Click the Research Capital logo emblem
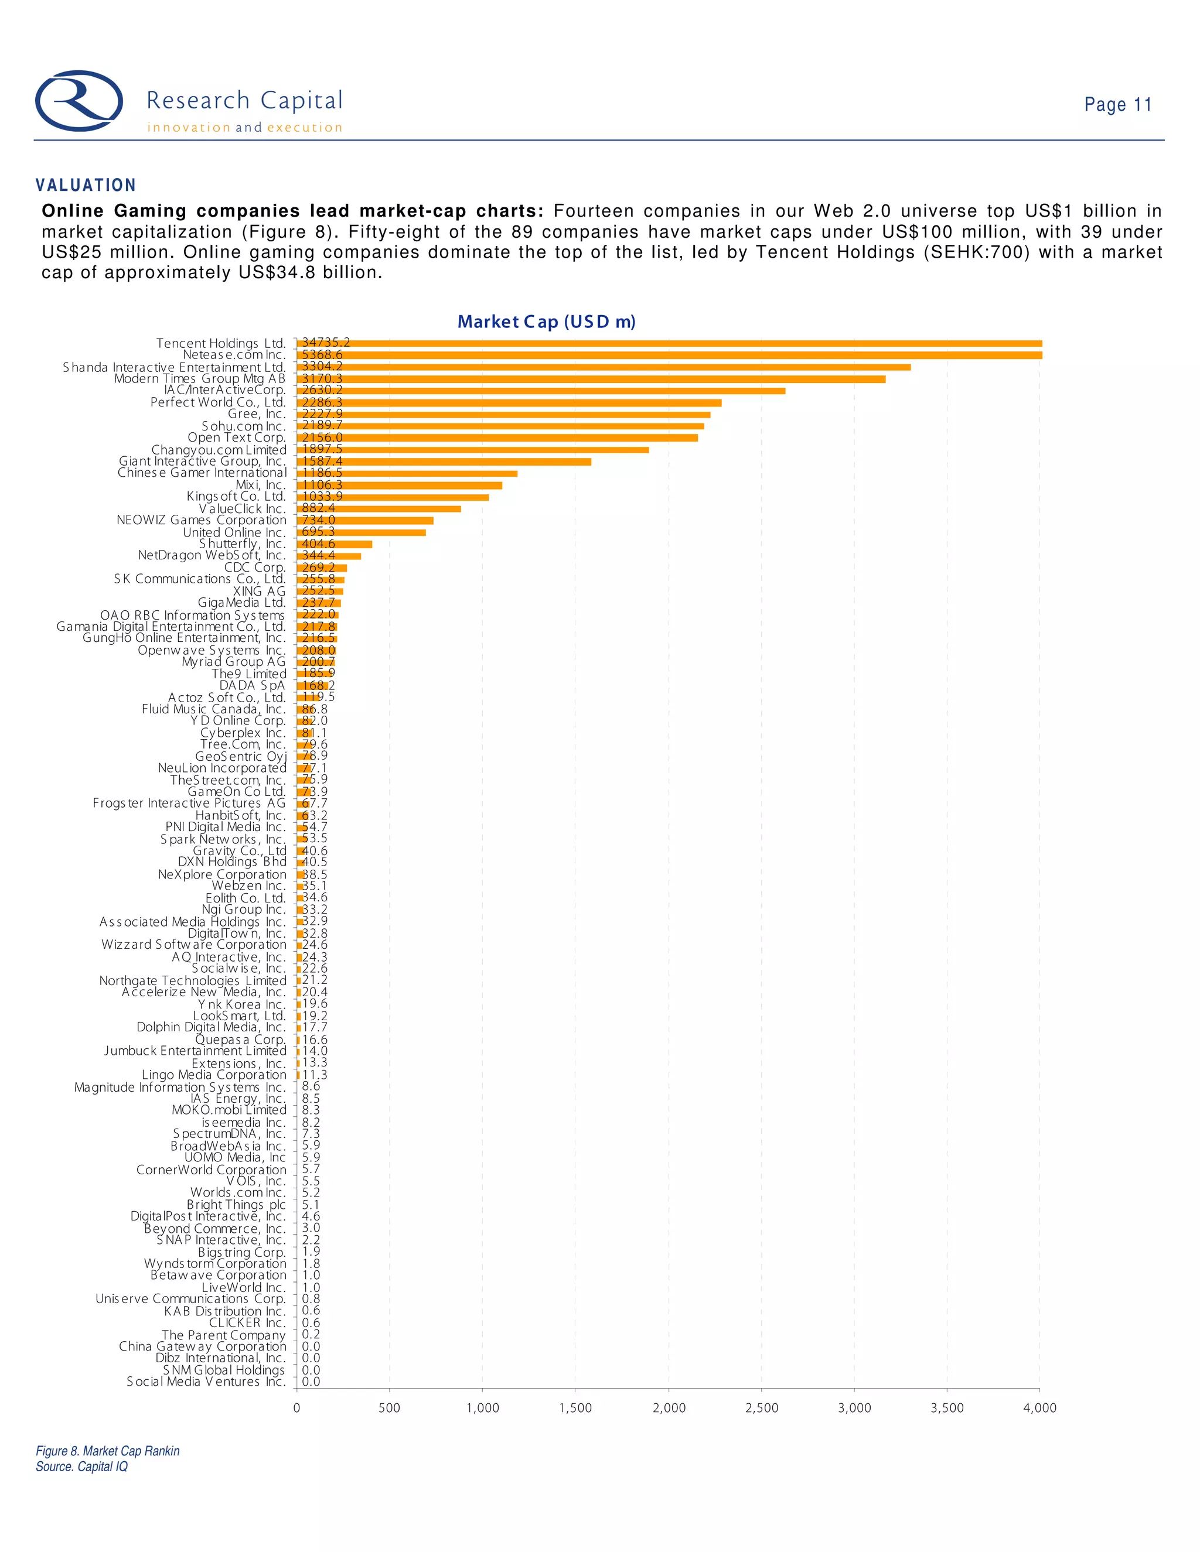click(x=79, y=101)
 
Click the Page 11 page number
click(x=1117, y=105)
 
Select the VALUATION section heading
click(x=86, y=186)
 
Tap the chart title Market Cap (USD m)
click(x=546, y=322)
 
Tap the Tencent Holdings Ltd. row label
click(x=220, y=343)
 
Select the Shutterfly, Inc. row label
click(x=242, y=543)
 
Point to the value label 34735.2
click(x=326, y=343)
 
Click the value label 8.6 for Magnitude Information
click(x=311, y=1086)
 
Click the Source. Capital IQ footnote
click(x=82, y=1466)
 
